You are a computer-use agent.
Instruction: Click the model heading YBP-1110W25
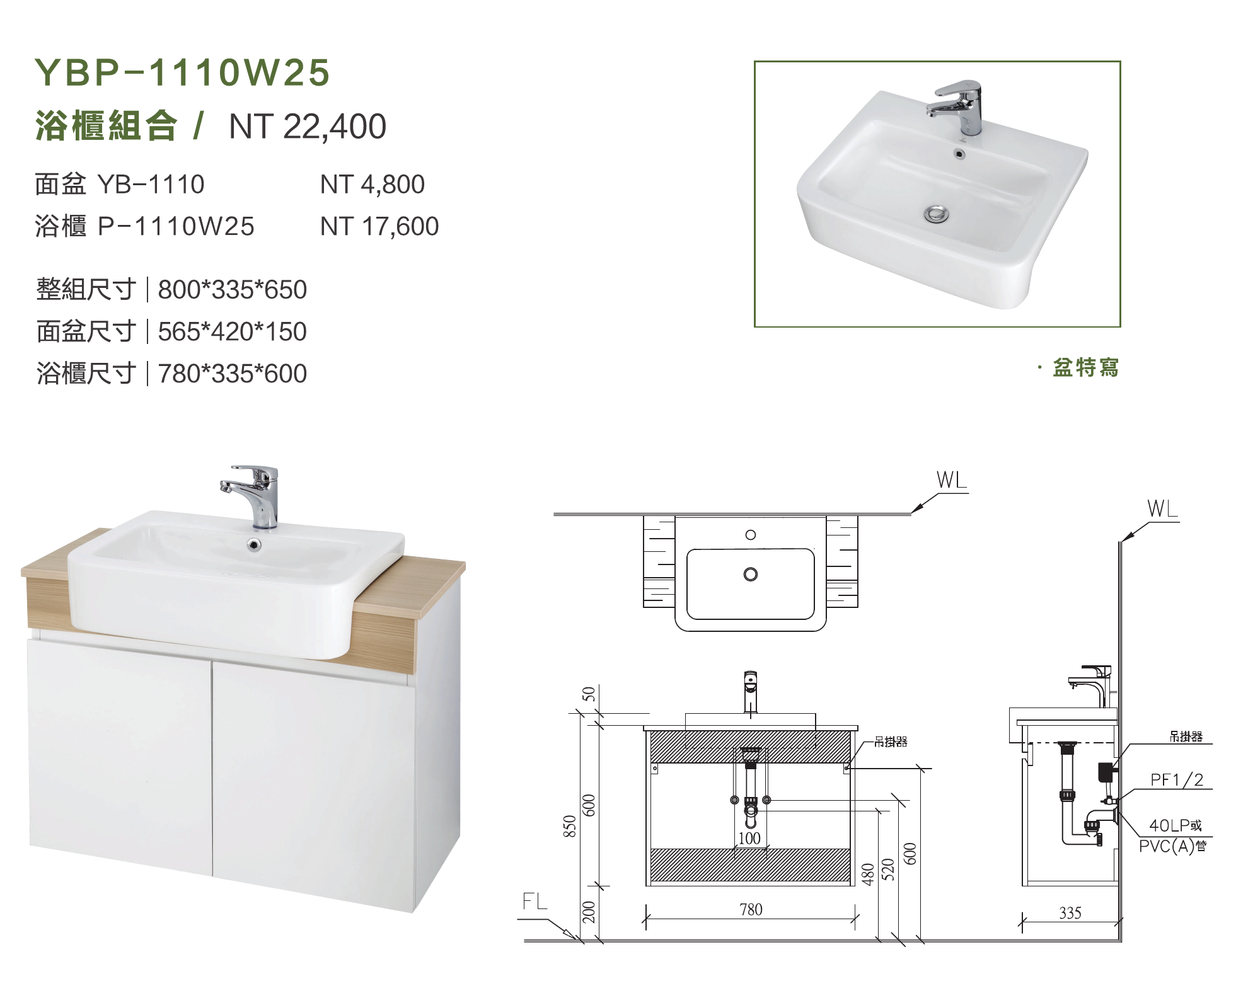182,72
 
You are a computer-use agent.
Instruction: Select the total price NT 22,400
308,127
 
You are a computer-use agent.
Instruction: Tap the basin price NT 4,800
372,185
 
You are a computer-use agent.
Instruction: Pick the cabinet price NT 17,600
379,226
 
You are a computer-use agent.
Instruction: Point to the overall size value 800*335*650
232,290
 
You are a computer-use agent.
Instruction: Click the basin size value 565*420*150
232,331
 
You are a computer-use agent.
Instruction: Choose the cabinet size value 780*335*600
232,374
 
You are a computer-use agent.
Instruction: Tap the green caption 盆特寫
1085,367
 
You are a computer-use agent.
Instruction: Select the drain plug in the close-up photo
937,214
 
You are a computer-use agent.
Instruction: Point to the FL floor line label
534,902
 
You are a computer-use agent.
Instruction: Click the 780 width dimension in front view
751,909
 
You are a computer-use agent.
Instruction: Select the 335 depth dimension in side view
1070,913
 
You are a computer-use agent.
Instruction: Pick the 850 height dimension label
569,826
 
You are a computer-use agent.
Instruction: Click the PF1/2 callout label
1177,780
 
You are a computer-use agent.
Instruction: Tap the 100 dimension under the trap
749,839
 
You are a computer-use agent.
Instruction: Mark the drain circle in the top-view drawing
750,575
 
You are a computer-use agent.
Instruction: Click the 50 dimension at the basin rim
589,694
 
